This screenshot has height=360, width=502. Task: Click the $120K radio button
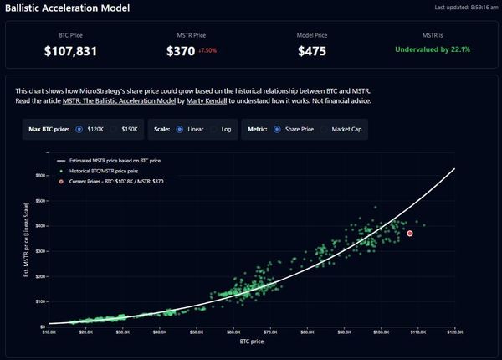[x=79, y=130]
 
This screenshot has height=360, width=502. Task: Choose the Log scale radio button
[x=214, y=130]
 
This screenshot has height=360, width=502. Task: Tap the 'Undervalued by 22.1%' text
[x=433, y=50]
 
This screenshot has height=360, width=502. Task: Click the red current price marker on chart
[x=410, y=233]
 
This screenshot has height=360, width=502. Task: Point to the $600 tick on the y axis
[x=39, y=176]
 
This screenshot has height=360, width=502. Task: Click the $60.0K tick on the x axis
[x=233, y=332]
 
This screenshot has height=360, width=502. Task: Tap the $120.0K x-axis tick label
[x=455, y=332]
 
